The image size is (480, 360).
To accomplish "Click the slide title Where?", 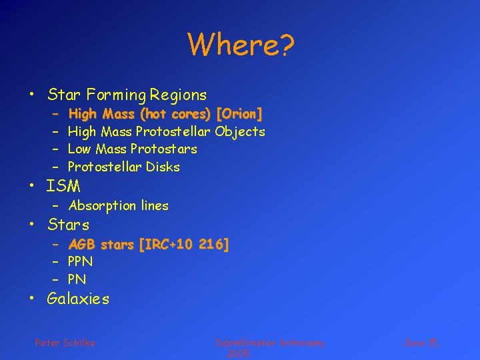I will tap(241, 45).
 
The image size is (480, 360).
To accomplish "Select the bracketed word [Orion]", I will tap(239, 114).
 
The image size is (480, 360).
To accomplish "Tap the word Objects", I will tap(240, 132).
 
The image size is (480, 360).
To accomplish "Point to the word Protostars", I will tap(163, 149).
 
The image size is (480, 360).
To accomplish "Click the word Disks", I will tap(163, 167).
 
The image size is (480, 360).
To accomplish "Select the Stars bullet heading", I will tap(68, 225).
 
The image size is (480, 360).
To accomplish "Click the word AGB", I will tap(82, 245).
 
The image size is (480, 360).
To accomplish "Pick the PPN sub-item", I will tap(80, 261).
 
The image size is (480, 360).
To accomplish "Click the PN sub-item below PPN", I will tap(77, 279).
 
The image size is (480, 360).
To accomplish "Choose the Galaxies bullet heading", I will tap(78, 299).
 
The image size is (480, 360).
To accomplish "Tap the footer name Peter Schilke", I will tap(65, 343).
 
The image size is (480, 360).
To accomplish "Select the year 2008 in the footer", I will tap(238, 354).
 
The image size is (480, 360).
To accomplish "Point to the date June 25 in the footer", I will tap(421, 343).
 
